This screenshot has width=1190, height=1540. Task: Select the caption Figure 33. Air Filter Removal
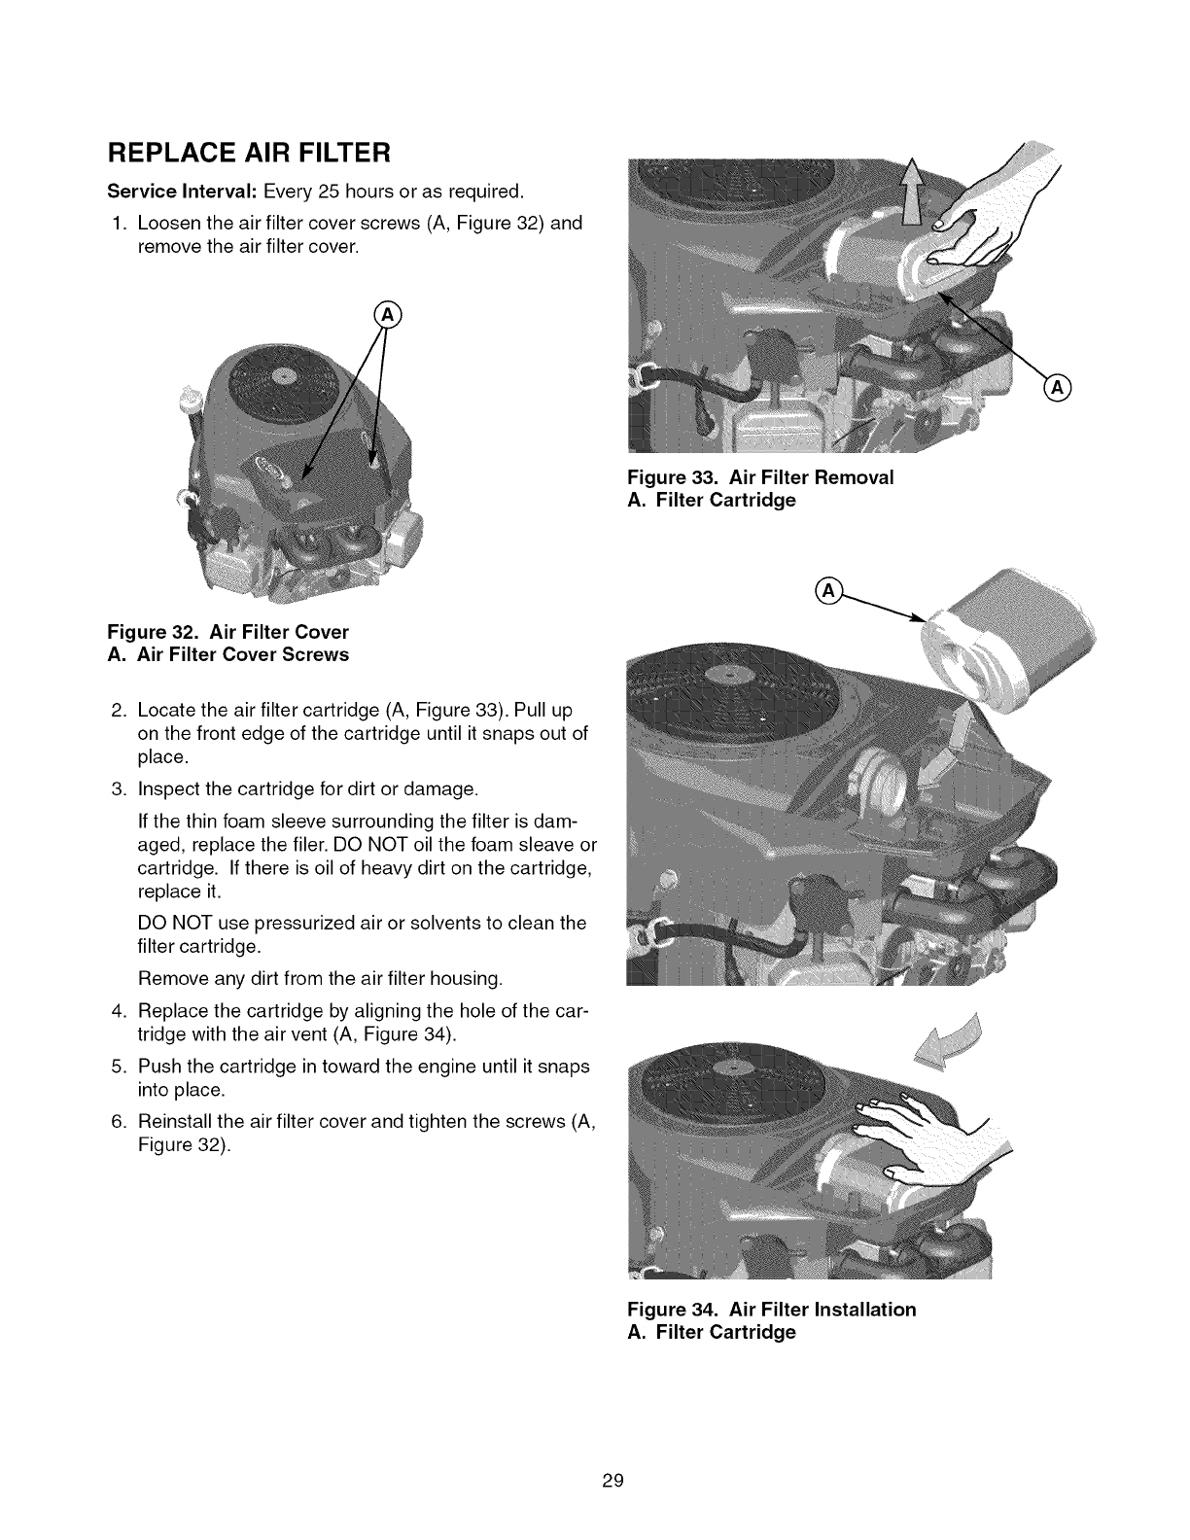[760, 478]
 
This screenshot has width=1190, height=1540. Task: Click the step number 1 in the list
[118, 223]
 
